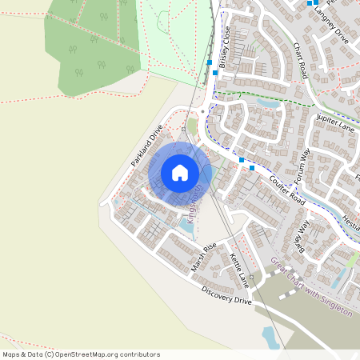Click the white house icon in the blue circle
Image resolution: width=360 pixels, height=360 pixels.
click(x=180, y=172)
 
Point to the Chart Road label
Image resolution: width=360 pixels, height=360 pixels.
click(x=300, y=60)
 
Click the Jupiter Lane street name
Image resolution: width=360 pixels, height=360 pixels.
click(x=335, y=123)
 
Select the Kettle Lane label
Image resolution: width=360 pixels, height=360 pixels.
click(x=239, y=270)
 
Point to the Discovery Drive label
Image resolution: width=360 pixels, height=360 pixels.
click(x=226, y=295)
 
